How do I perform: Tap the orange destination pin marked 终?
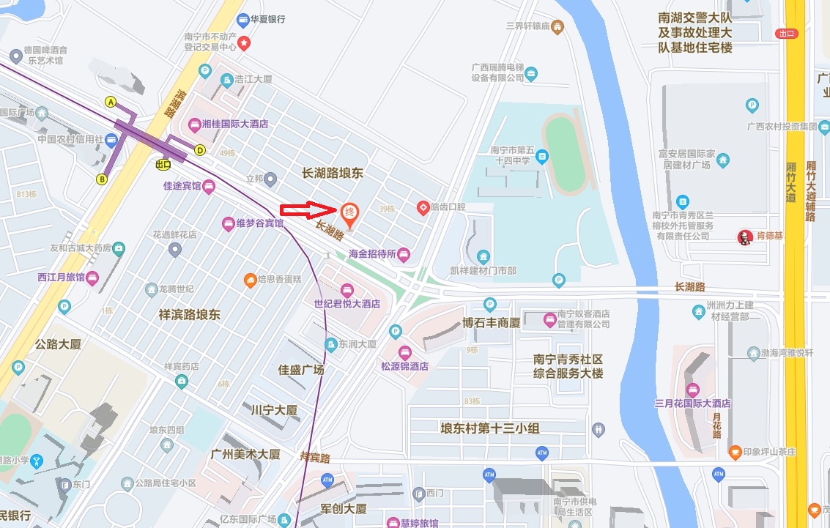tap(350, 214)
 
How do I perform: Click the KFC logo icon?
tap(744, 237)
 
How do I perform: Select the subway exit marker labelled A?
tap(111, 102)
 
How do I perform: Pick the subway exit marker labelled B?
tap(102, 179)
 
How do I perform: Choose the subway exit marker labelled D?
tap(199, 150)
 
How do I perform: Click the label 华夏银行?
tap(267, 19)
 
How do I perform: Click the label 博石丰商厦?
tap(491, 323)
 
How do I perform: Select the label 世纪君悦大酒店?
tap(347, 303)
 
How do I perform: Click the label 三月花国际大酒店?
tap(693, 404)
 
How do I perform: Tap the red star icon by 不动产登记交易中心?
tap(244, 44)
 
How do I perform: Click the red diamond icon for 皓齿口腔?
tap(423, 208)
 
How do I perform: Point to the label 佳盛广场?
tap(301, 370)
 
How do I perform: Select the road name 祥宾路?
tap(315, 458)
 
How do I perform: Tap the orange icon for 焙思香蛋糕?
tap(250, 280)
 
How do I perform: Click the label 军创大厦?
tap(344, 508)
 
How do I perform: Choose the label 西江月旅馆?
tap(61, 278)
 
